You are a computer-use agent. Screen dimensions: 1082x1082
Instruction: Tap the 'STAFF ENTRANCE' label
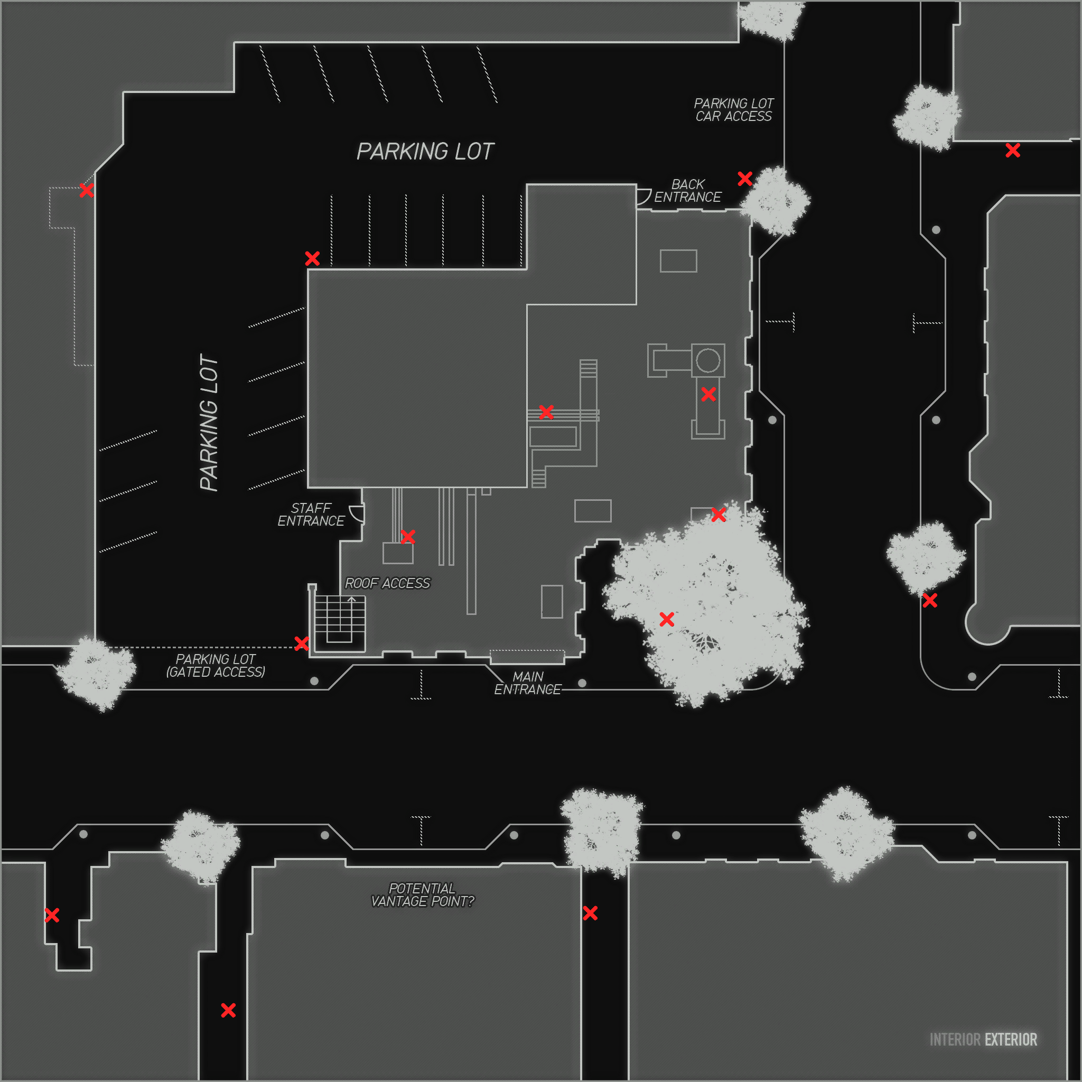point(311,514)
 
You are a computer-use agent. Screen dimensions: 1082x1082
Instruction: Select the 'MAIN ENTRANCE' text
point(528,683)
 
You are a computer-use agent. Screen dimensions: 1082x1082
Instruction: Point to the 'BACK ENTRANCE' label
point(687,190)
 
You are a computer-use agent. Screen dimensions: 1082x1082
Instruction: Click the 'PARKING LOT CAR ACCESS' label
point(733,110)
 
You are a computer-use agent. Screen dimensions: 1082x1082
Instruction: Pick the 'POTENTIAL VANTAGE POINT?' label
point(422,894)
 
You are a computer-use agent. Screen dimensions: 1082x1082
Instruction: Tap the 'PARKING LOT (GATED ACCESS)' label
point(216,665)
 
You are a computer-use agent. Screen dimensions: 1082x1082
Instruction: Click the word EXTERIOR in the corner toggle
point(1010,1039)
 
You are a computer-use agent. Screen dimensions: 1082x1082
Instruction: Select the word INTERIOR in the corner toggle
point(955,1039)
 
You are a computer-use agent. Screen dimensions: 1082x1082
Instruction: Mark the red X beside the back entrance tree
point(744,179)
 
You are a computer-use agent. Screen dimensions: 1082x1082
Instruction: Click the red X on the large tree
point(666,619)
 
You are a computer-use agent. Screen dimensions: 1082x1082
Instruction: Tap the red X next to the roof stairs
point(301,643)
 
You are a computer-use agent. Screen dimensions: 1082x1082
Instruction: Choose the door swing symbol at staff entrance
point(357,513)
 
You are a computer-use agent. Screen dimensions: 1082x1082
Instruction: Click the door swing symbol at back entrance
point(643,197)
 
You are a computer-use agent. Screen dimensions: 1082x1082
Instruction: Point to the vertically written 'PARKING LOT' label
point(209,423)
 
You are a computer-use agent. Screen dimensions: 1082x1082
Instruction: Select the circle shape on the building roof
point(708,360)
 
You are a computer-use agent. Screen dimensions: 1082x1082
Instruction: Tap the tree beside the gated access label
point(97,671)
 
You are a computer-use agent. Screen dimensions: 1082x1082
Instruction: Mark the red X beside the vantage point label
point(590,913)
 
